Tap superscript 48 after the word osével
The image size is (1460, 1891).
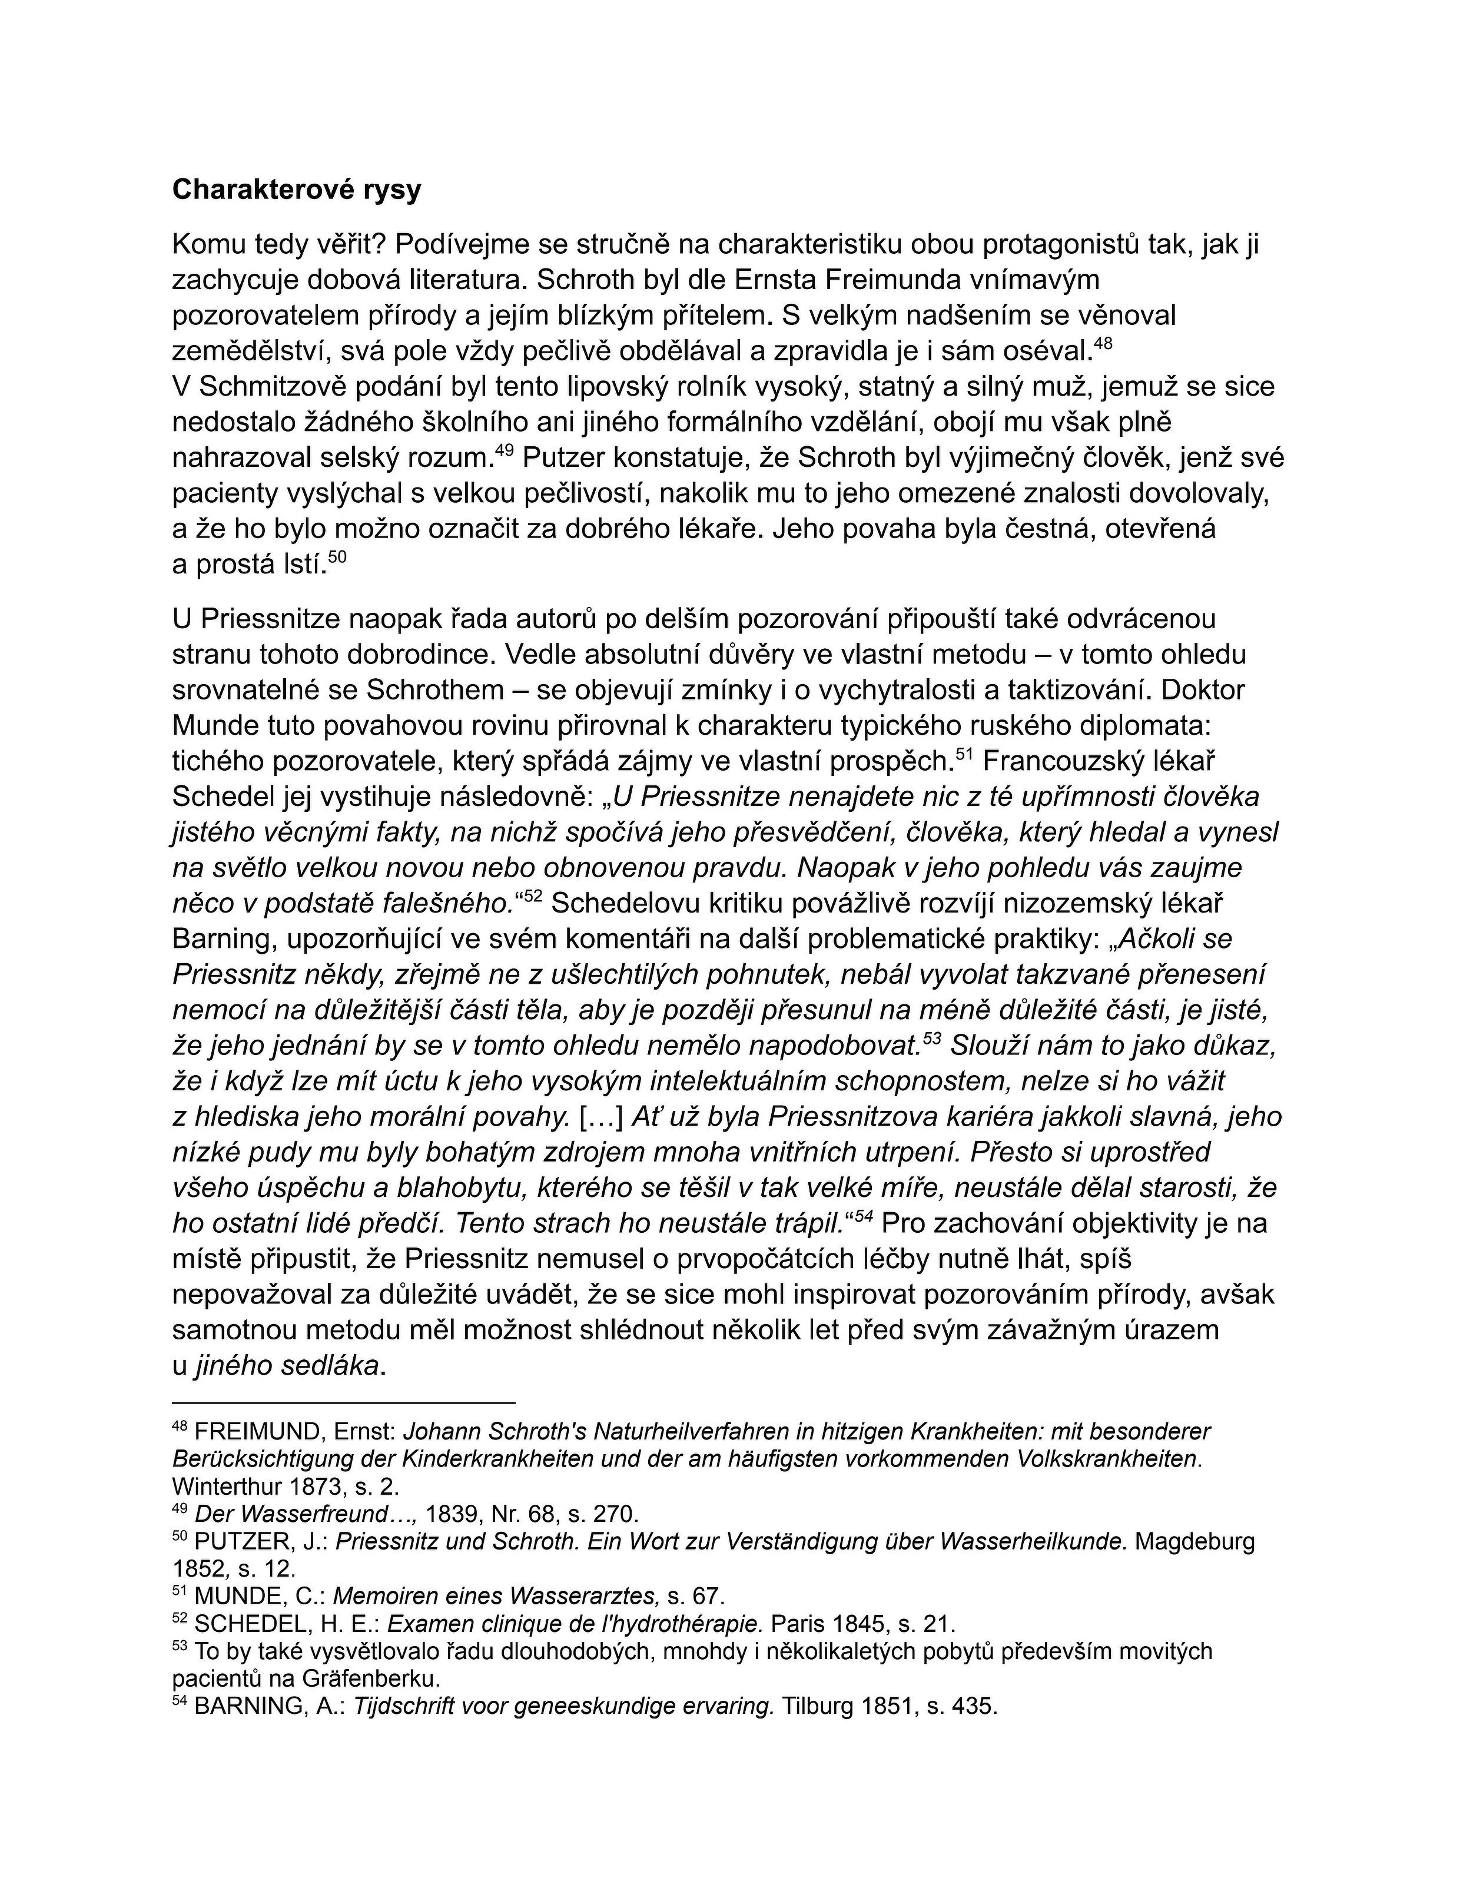tap(1103, 344)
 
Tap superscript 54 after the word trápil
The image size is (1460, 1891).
tap(862, 1217)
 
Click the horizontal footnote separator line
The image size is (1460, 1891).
tap(344, 1402)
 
